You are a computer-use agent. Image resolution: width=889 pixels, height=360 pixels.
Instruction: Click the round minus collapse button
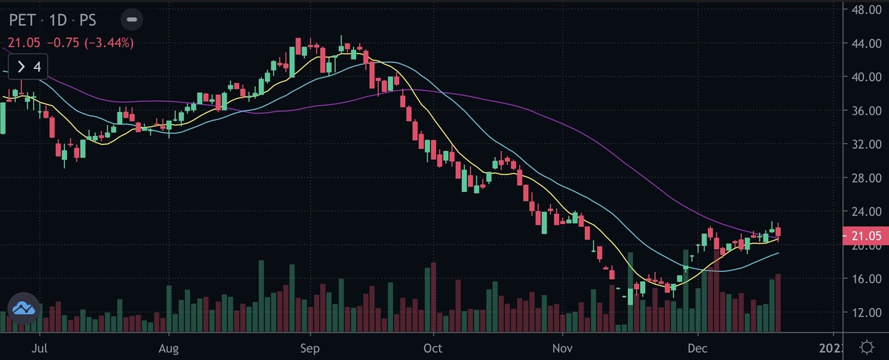click(133, 19)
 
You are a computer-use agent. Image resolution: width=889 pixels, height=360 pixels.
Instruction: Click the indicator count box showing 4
click(28, 67)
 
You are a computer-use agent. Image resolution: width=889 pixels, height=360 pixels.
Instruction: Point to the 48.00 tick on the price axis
click(866, 10)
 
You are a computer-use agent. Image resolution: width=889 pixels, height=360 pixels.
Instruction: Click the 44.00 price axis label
click(866, 44)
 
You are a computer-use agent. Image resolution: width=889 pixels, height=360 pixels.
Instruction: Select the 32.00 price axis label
click(866, 145)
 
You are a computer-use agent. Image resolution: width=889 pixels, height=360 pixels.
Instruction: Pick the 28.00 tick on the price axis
click(866, 178)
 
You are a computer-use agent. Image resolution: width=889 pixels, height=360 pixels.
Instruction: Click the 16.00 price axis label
click(866, 279)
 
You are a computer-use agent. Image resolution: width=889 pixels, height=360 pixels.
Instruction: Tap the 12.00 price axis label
click(866, 313)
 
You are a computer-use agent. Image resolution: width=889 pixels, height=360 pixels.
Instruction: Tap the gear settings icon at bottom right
click(867, 346)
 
